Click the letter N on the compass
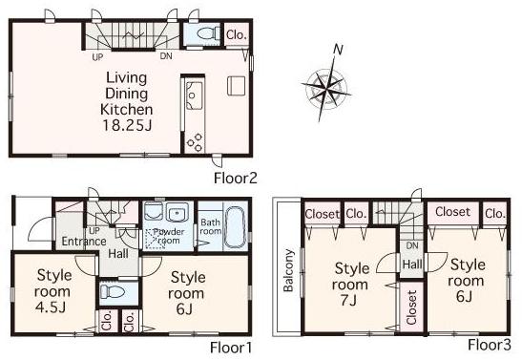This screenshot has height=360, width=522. click(x=337, y=49)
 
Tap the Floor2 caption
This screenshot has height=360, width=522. click(x=236, y=178)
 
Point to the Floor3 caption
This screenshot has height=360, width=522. click(x=489, y=344)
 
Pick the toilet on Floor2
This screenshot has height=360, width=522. click(x=200, y=34)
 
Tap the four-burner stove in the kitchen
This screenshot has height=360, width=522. click(x=195, y=139)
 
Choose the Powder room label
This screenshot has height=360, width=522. click(x=167, y=237)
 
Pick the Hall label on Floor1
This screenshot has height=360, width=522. click(x=117, y=254)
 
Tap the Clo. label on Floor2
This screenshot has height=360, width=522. click(x=236, y=35)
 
